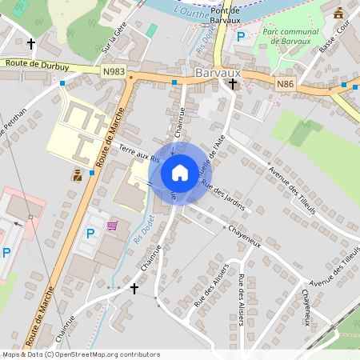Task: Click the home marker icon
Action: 180,172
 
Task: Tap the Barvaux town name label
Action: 218,72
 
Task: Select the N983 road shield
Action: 114,71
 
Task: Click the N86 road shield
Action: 286,83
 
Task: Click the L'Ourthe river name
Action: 190,11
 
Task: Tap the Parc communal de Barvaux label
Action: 291,37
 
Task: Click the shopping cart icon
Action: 113,226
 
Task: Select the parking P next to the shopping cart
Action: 90,234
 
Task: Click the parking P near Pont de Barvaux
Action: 239,36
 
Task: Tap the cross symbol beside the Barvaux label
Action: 233,83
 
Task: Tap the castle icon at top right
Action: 338,13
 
